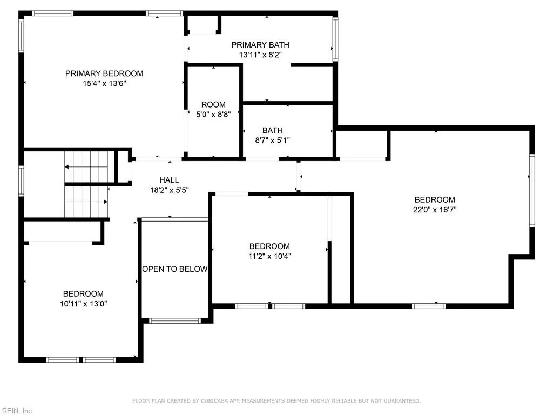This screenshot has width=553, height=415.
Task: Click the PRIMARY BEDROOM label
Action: coord(104,73)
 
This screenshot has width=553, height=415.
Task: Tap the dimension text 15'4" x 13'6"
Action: coord(104,83)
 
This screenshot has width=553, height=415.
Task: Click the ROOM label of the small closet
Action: coord(213,104)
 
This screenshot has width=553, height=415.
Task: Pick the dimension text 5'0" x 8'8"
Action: coord(213,114)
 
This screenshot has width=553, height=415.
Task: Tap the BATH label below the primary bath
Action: coord(272,130)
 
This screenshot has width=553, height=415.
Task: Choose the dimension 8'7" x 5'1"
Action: coord(272,140)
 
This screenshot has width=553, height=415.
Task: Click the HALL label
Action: coord(169,180)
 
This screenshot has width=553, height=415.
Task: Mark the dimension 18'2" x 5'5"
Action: coord(169,190)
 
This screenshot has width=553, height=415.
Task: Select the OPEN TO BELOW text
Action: coord(174,269)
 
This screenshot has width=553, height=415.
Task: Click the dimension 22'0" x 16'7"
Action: coord(435,210)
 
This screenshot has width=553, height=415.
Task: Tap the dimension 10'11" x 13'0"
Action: coord(83,304)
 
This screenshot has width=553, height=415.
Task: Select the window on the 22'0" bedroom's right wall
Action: coord(532,190)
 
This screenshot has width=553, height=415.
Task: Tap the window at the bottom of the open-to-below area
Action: coord(174,320)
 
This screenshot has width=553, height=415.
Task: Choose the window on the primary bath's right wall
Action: coord(335,39)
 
